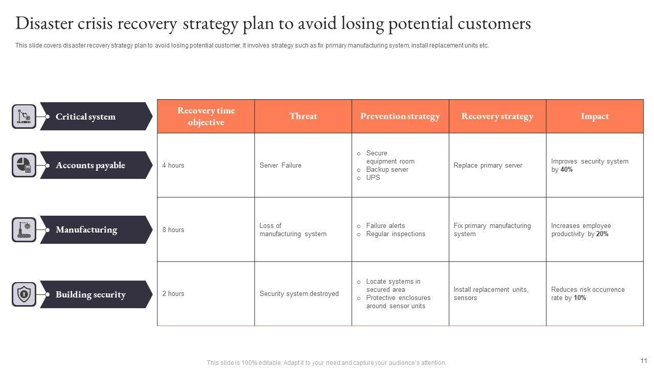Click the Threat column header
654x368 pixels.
[303, 117]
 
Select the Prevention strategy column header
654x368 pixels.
[400, 117]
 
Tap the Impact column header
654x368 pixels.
[595, 117]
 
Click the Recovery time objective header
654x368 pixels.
[206, 117]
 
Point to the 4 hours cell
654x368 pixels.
[173, 166]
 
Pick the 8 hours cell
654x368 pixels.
[173, 230]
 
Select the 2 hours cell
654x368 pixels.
[173, 294]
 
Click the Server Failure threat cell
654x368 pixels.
[281, 166]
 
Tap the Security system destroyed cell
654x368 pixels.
[299, 294]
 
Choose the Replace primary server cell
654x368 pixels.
[488, 166]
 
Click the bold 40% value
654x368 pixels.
[567, 170]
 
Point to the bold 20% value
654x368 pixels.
[602, 234]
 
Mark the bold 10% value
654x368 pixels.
[580, 298]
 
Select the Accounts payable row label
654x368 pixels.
[90, 166]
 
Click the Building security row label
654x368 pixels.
[90, 294]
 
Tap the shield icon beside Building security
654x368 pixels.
[24, 294]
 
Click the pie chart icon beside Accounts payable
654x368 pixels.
[24, 166]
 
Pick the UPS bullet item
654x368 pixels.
[373, 178]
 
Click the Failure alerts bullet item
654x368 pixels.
[385, 226]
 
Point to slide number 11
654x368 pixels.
[643, 360]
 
